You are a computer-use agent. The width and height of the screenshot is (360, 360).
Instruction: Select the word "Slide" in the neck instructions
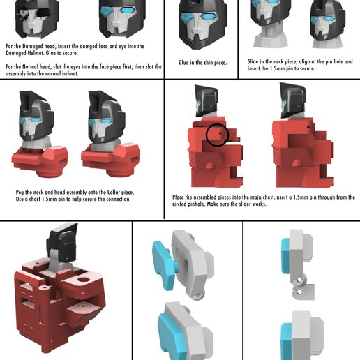pos(254,61)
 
